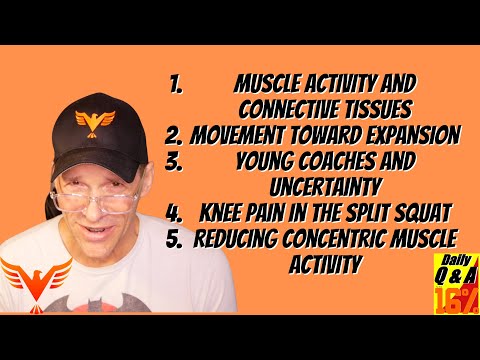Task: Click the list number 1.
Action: pyautogui.click(x=177, y=82)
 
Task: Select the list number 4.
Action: pyautogui.click(x=174, y=212)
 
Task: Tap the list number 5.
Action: pyautogui.click(x=175, y=238)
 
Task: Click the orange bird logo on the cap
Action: pyautogui.click(x=97, y=124)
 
